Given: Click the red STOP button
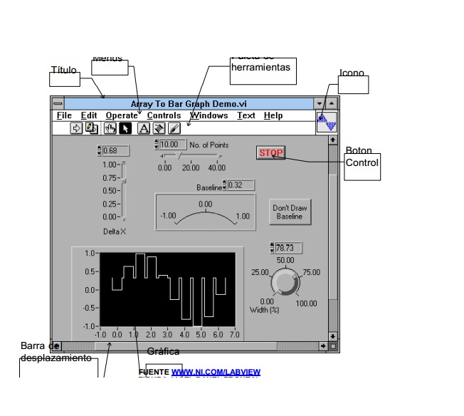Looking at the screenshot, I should click(x=270, y=153).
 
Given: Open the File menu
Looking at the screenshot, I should click(x=64, y=116).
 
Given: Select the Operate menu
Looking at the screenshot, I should click(x=122, y=116).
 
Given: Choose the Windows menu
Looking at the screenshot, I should click(x=209, y=116).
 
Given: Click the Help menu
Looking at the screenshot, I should click(x=273, y=116).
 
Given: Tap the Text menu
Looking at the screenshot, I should click(x=246, y=116).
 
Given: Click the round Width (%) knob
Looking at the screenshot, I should click(x=285, y=284).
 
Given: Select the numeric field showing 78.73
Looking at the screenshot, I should click(x=289, y=248).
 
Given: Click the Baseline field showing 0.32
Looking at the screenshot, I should click(x=241, y=185).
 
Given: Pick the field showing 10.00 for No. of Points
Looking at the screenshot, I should click(x=172, y=145).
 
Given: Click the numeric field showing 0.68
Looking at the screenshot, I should click(x=114, y=151).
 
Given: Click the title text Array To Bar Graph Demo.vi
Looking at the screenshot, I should click(x=189, y=104).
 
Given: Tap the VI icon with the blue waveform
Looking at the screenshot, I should click(x=327, y=122).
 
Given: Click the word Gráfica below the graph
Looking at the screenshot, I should click(x=163, y=352).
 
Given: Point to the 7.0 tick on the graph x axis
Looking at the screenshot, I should click(x=235, y=333).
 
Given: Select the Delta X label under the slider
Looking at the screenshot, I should click(x=114, y=232).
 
